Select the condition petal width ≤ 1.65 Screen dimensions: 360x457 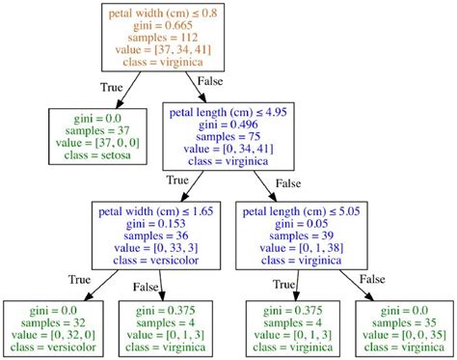[158, 210]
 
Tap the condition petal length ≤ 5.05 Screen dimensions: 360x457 [306, 210]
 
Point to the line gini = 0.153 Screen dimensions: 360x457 [158, 222]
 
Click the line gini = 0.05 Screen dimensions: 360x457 [306, 222]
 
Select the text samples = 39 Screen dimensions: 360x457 [306, 234]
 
